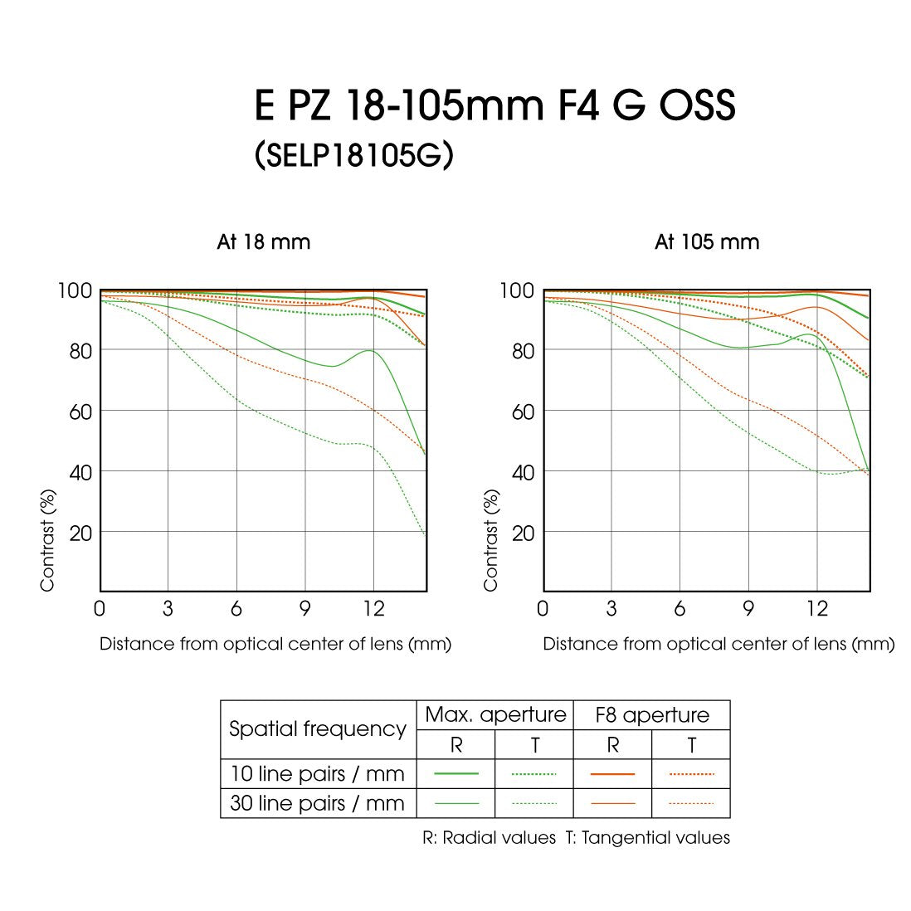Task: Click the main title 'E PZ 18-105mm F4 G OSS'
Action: pyautogui.click(x=494, y=107)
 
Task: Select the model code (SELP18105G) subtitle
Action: pyautogui.click(x=354, y=155)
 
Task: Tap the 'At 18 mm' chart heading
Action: pyautogui.click(x=264, y=242)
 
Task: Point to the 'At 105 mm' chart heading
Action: pyautogui.click(x=707, y=242)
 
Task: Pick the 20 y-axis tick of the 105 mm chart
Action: pyautogui.click(x=524, y=533)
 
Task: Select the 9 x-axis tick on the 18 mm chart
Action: pyautogui.click(x=305, y=609)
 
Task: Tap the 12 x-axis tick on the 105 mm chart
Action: pyautogui.click(x=817, y=609)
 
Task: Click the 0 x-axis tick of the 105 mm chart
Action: pyautogui.click(x=543, y=609)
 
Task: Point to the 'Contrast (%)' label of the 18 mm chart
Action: pyautogui.click(x=48, y=540)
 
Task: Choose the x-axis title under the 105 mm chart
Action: pyautogui.click(x=719, y=644)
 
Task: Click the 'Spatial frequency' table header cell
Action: pyautogui.click(x=318, y=729)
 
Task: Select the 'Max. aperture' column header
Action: pyautogui.click(x=495, y=715)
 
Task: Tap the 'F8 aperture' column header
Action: pyautogui.click(x=652, y=715)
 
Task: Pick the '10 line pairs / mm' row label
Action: pyautogui.click(x=317, y=774)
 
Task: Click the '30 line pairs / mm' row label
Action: pyautogui.click(x=317, y=803)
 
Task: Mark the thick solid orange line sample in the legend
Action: pyautogui.click(x=613, y=774)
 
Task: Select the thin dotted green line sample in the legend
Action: pyautogui.click(x=534, y=803)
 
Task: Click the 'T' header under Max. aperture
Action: pyautogui.click(x=535, y=745)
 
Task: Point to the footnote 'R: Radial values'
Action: pyautogui.click(x=489, y=838)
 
